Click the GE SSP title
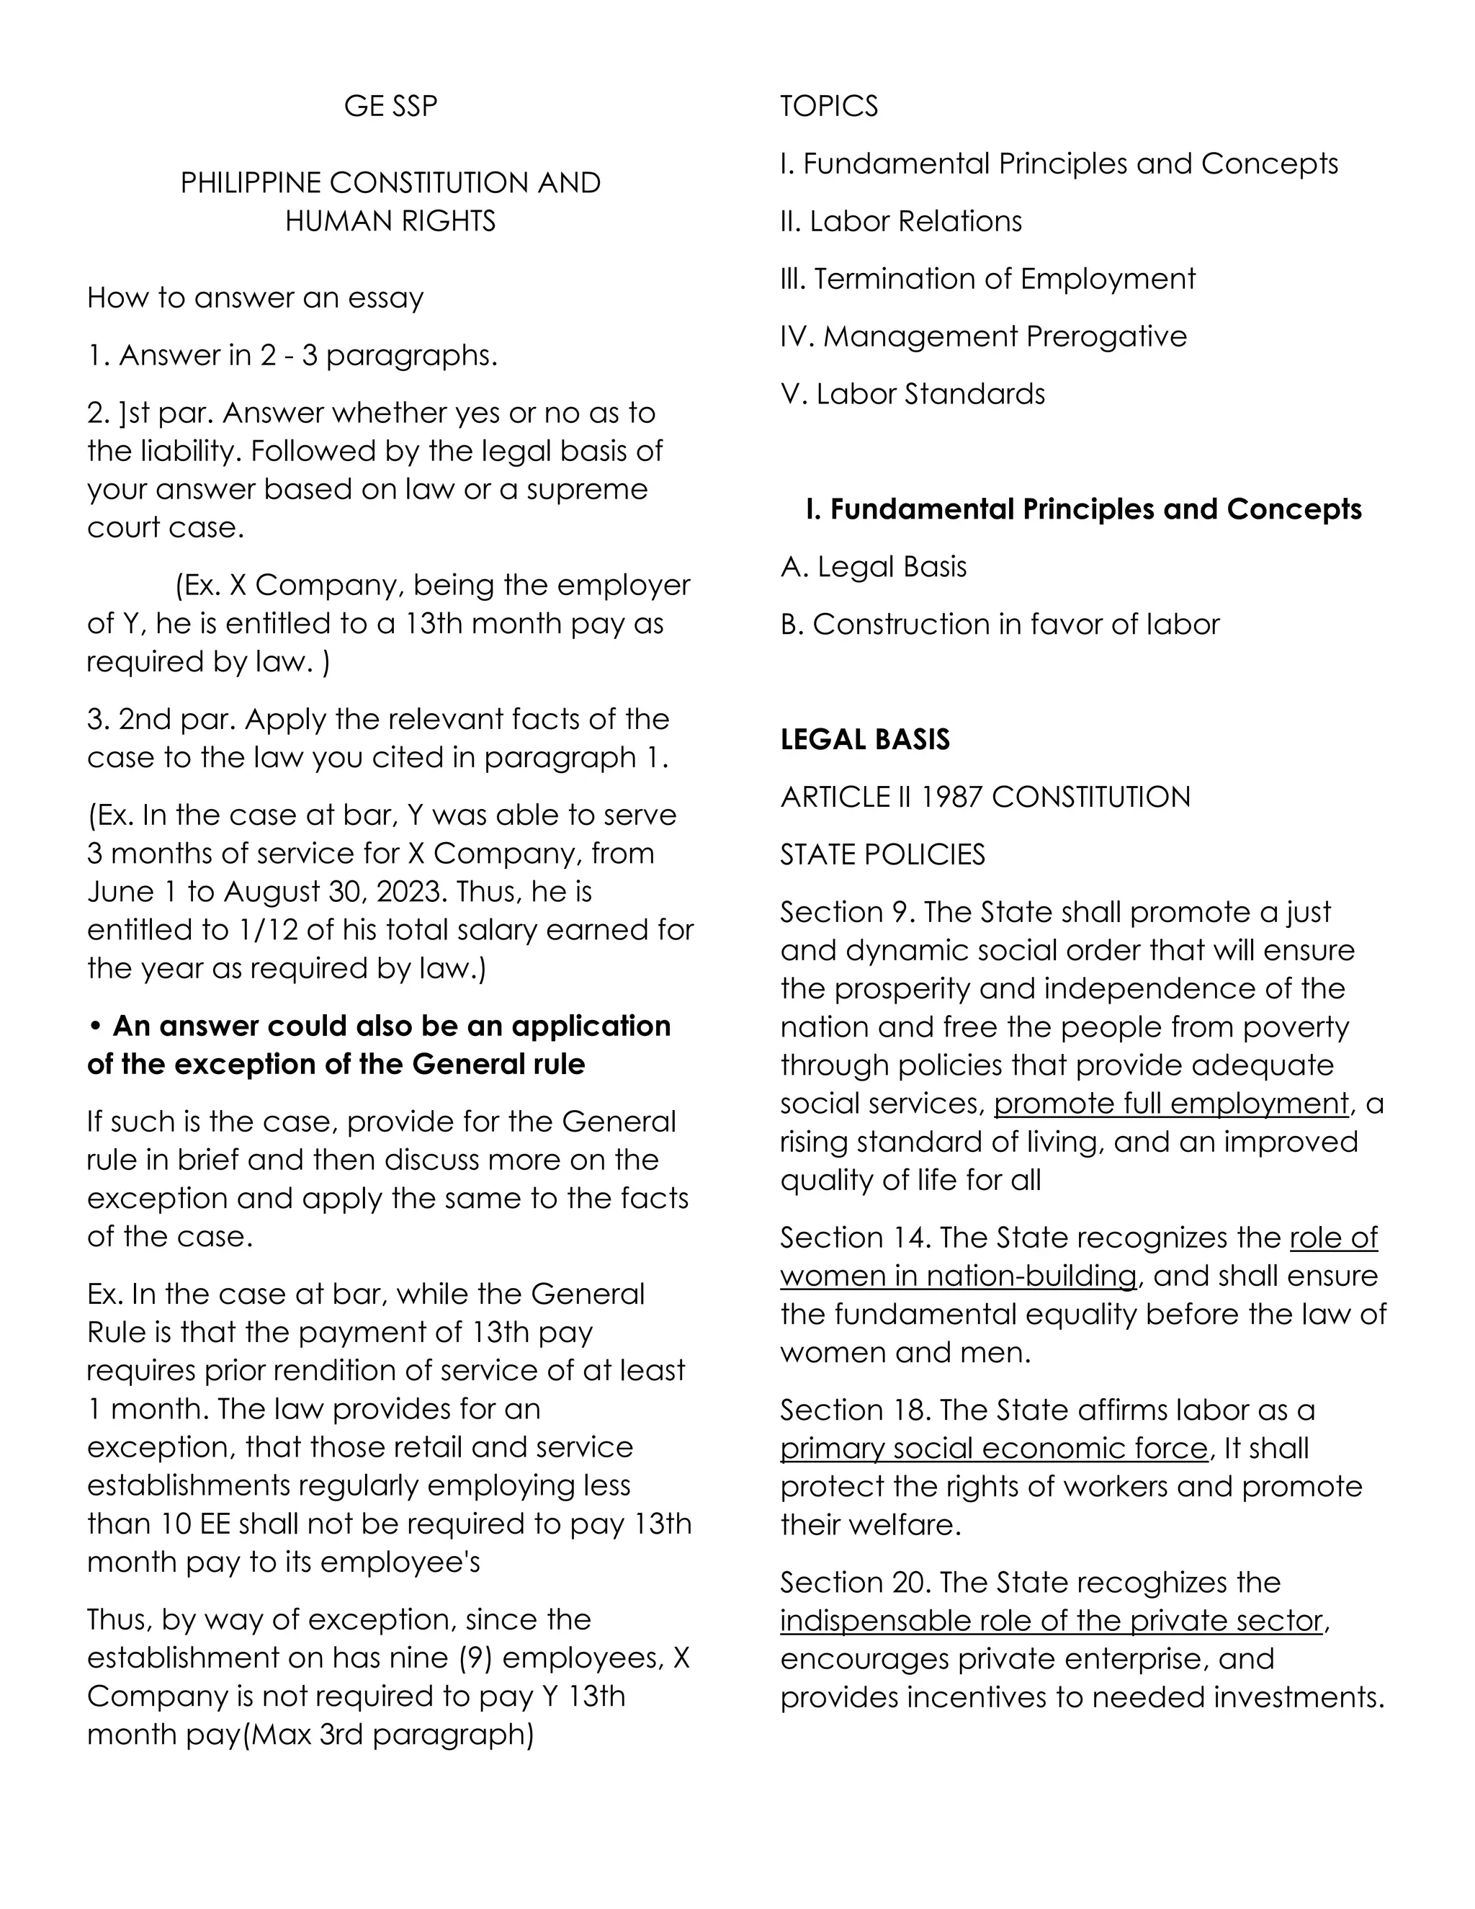[390, 106]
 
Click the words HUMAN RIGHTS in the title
[390, 221]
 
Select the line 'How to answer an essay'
[255, 298]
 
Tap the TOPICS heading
[828, 106]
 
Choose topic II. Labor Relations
[900, 221]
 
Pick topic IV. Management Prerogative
[983, 336]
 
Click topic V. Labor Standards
[913, 394]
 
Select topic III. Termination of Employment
[987, 279]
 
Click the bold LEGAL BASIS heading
[864, 740]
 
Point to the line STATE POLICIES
[882, 854]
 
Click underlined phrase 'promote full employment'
[1171, 1104]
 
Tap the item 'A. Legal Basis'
[873, 566]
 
